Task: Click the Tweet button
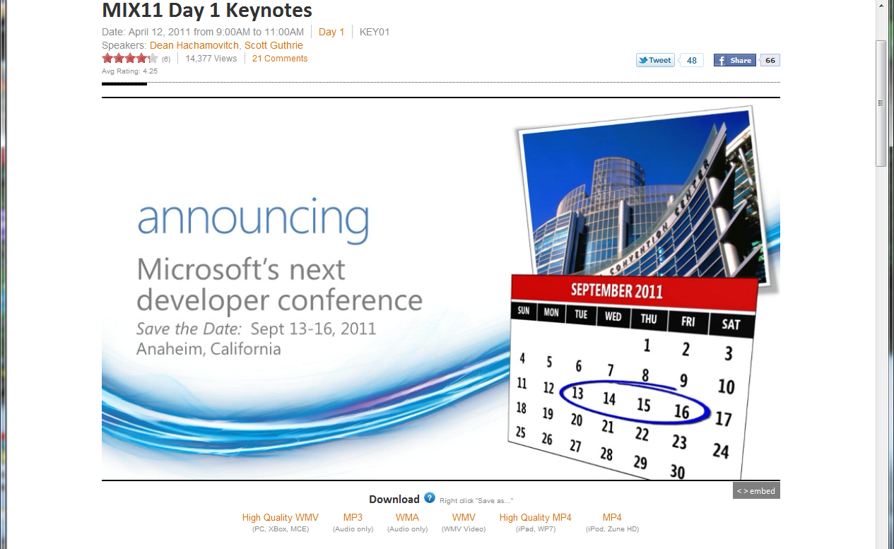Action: point(655,60)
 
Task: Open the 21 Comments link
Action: point(279,59)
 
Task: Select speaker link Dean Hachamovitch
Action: point(194,45)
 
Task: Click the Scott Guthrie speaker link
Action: point(274,45)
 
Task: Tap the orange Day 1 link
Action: point(331,32)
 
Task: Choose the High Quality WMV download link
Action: point(280,517)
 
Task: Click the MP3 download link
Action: point(353,517)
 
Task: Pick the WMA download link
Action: point(407,517)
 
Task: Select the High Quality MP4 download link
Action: point(535,517)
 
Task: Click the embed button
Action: point(756,491)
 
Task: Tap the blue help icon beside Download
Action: point(430,498)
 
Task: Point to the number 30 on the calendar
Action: point(677,471)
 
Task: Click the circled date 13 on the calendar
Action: point(577,393)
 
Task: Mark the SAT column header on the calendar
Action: point(731,324)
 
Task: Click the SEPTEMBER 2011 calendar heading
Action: point(617,291)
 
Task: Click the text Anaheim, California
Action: point(208,349)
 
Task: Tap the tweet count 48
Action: point(692,61)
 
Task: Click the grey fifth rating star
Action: point(153,59)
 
